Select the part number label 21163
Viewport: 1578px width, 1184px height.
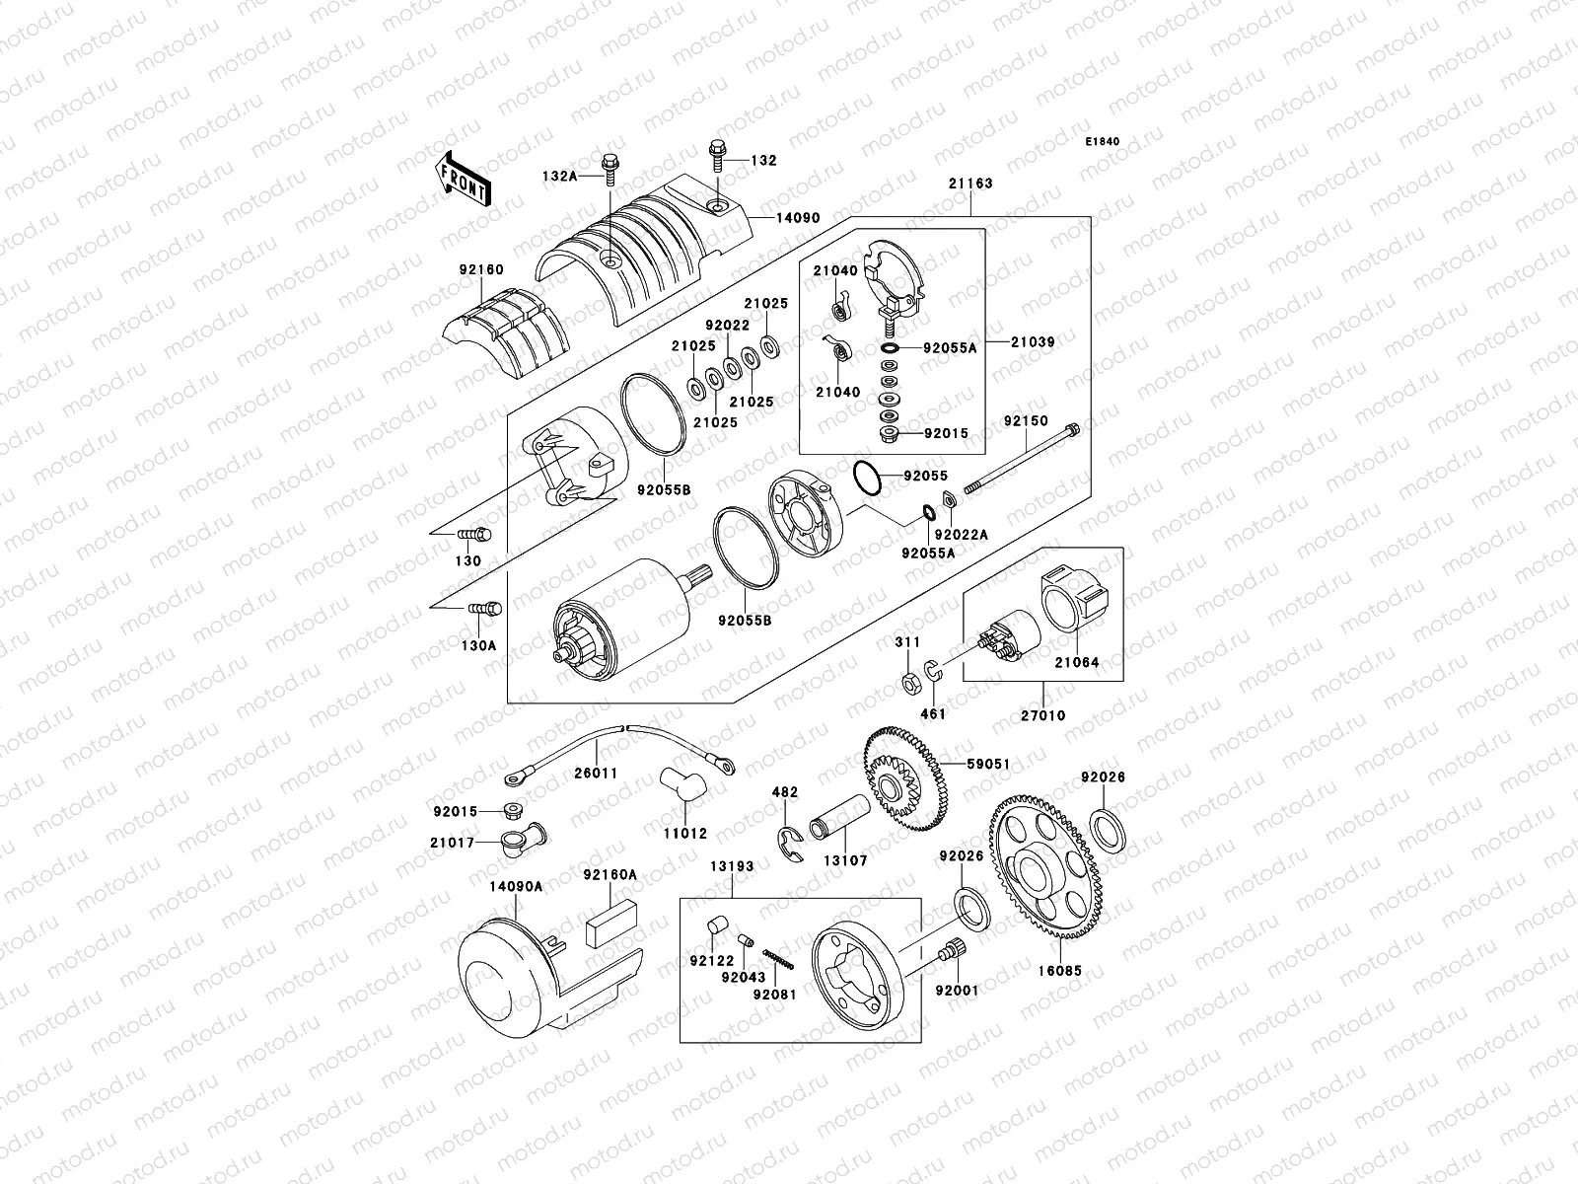click(970, 184)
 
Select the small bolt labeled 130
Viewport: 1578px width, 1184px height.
click(476, 535)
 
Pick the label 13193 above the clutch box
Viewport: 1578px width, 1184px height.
click(731, 867)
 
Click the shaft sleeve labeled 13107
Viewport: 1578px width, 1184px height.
click(842, 827)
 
